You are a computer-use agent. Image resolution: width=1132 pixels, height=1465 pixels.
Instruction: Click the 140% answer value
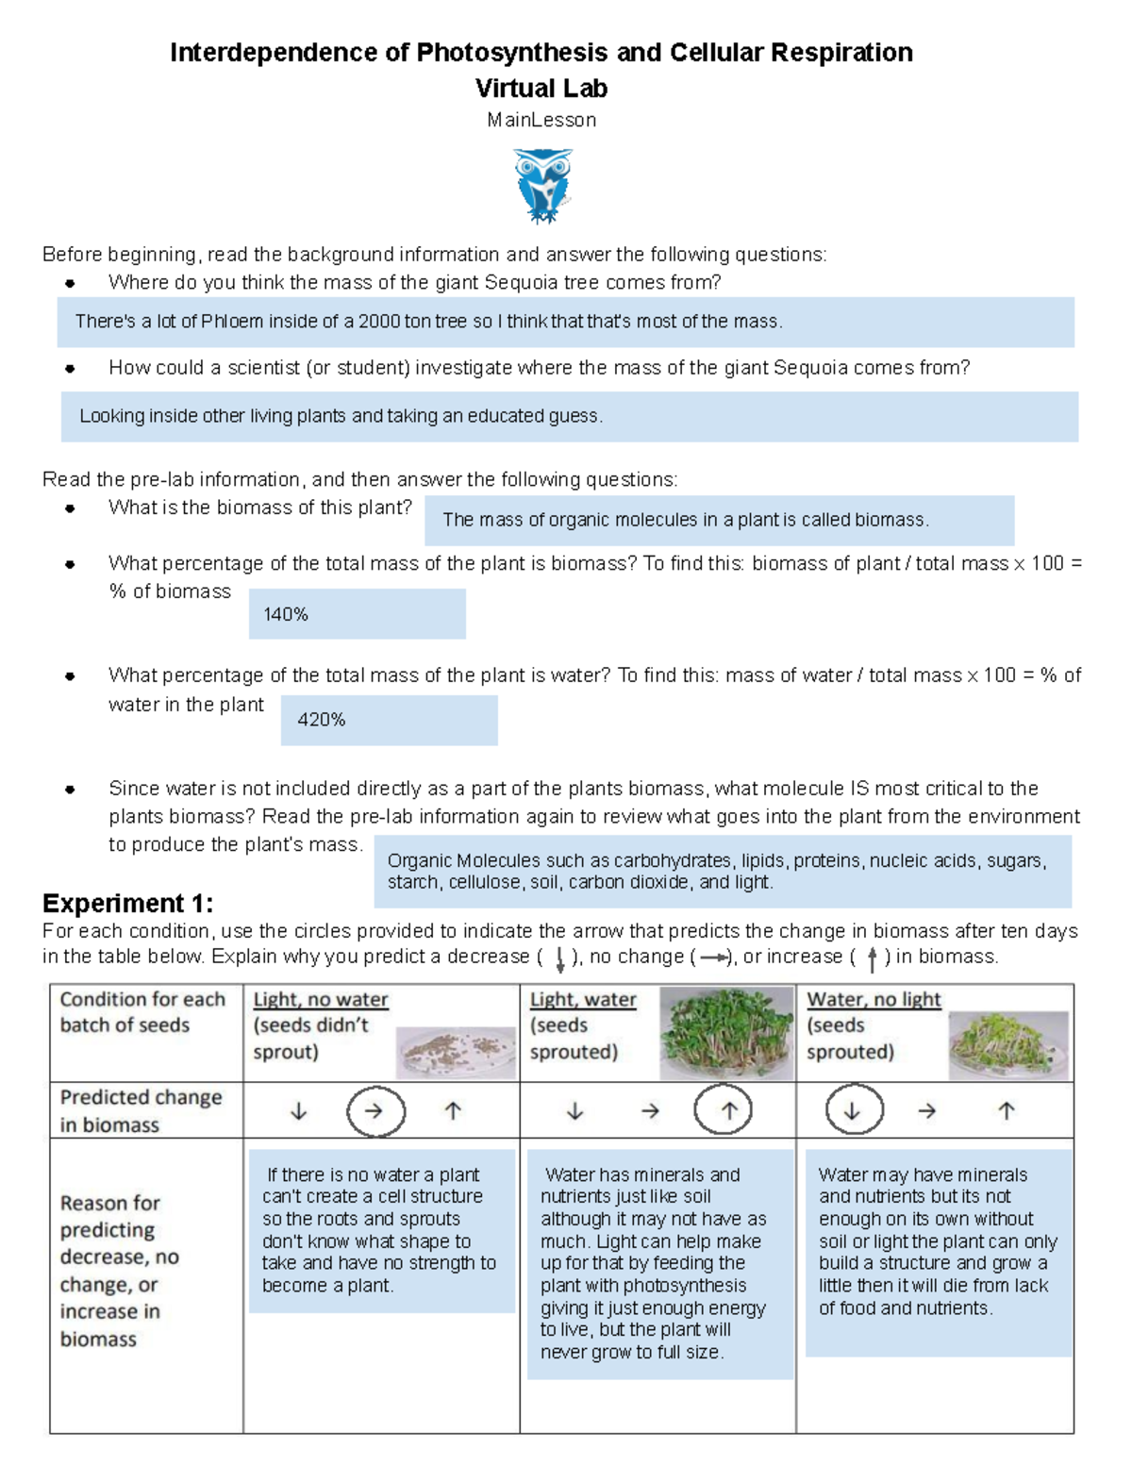[x=286, y=614]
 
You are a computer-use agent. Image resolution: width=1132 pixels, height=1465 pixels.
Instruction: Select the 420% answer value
[x=322, y=720]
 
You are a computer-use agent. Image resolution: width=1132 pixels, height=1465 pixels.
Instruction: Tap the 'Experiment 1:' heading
[x=128, y=903]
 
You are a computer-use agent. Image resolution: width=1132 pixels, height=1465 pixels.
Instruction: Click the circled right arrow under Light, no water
[x=375, y=1111]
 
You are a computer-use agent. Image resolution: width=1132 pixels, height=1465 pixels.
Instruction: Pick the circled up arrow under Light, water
[x=729, y=1111]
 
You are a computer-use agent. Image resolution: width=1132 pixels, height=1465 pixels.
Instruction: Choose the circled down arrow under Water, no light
[x=852, y=1111]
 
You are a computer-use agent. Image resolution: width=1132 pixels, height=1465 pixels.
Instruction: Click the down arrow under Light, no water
[x=298, y=1111]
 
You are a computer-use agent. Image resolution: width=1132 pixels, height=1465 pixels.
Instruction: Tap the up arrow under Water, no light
[x=1007, y=1111]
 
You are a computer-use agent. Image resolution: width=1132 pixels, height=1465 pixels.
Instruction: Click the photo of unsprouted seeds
[x=456, y=1051]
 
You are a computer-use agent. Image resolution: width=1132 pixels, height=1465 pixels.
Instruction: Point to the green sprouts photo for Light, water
[x=725, y=1033]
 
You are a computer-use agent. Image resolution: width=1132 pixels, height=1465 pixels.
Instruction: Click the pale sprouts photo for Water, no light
[x=1007, y=1044]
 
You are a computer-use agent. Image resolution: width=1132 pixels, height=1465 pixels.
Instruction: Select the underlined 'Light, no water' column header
[x=321, y=999]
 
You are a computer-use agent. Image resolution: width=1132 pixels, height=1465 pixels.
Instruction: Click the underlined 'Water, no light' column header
[x=874, y=999]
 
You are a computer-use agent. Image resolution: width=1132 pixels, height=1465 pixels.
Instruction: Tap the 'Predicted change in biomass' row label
[x=141, y=1110]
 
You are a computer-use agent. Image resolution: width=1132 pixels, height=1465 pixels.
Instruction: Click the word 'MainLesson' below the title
[x=541, y=120]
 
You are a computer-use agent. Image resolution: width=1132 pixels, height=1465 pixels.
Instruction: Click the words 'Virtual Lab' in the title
[x=541, y=89]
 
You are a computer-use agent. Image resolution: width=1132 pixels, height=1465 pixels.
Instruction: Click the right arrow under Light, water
[x=650, y=1111]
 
